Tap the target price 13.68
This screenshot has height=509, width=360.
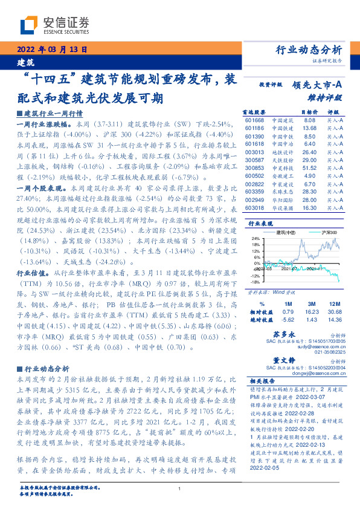309,128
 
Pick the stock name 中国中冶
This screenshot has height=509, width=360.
281,135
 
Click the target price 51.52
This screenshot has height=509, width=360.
309,167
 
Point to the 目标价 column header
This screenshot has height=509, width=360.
309,112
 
